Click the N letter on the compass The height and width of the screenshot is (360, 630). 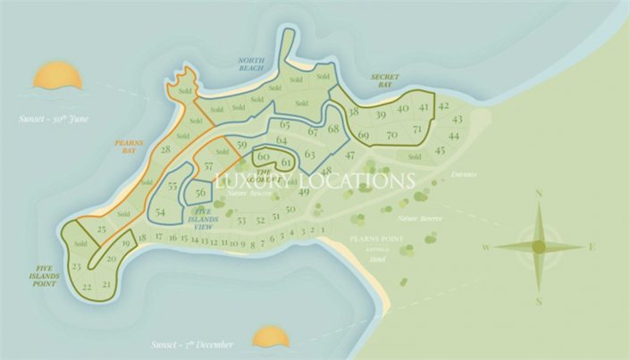539,194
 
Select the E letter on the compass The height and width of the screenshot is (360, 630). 592,247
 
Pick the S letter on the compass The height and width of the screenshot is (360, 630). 539,301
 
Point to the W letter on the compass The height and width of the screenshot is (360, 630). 485,247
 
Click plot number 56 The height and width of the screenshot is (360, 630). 201,192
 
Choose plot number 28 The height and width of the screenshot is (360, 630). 165,149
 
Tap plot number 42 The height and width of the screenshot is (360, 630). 443,106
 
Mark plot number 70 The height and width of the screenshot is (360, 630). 391,135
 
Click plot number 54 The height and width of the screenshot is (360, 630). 160,212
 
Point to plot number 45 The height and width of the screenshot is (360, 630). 440,150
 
